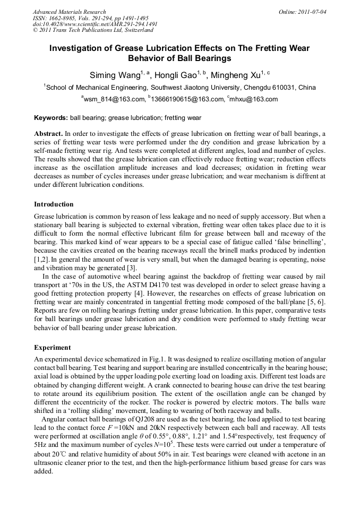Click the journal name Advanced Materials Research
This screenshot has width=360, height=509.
pyautogui.click(x=69, y=12)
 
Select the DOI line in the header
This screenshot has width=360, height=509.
pyautogui.click(x=95, y=24)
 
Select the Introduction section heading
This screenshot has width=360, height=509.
pyautogui.click(x=54, y=204)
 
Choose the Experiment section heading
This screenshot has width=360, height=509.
pyautogui.click(x=53, y=348)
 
